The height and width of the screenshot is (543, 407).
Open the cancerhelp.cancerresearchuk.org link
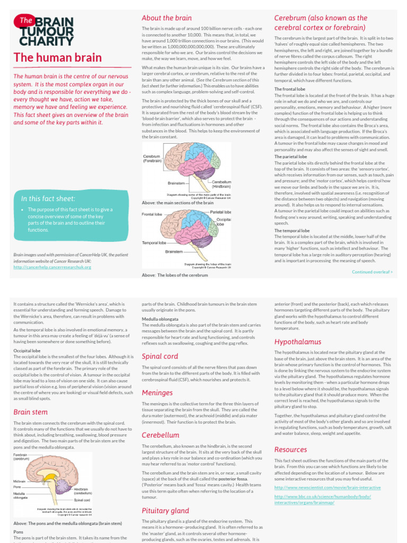click(x=52, y=267)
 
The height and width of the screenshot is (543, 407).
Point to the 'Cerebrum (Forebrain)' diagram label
click(x=152, y=159)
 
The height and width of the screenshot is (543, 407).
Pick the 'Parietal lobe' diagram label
click(x=220, y=212)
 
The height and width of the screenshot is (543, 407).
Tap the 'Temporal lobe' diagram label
click(x=155, y=242)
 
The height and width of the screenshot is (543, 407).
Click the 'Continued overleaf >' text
click(x=373, y=271)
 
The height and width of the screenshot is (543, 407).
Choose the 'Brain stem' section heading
click(x=30, y=411)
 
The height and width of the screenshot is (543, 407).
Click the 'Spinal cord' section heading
click(x=160, y=356)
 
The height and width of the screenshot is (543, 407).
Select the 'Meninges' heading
click(x=157, y=392)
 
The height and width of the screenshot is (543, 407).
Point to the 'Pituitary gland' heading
click(x=165, y=511)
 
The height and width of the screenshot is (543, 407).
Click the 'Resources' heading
click(x=290, y=449)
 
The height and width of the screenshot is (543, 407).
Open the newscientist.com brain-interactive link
click(x=320, y=487)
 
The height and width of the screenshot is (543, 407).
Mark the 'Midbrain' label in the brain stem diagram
click(x=20, y=480)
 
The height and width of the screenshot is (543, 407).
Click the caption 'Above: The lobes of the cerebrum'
click(x=175, y=275)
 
